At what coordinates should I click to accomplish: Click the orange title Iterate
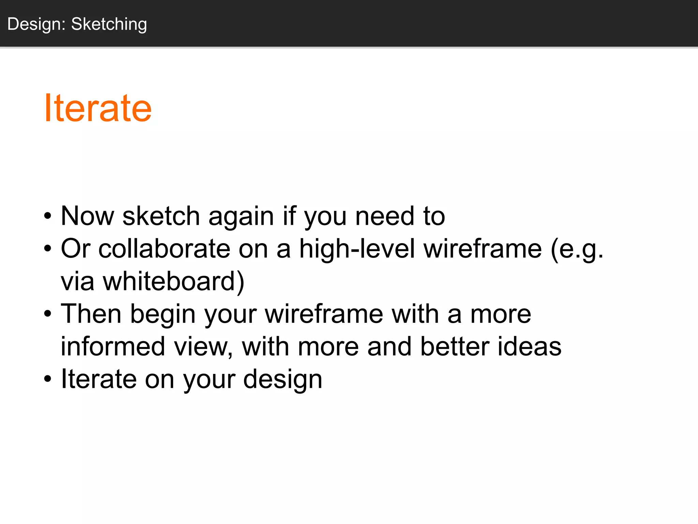(x=98, y=108)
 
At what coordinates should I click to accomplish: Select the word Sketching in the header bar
(x=109, y=24)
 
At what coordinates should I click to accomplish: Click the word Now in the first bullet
(x=88, y=216)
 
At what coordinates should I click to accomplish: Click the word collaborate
(x=164, y=249)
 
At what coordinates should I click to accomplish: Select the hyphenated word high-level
(x=357, y=249)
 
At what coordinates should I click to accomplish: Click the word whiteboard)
(x=174, y=281)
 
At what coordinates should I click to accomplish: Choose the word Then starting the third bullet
(x=91, y=314)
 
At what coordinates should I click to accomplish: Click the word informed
(x=113, y=347)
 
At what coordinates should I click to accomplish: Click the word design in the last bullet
(x=283, y=380)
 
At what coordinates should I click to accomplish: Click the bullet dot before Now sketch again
(x=48, y=216)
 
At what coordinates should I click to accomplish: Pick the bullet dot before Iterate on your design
(x=48, y=379)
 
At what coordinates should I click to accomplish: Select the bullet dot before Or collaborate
(x=48, y=249)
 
